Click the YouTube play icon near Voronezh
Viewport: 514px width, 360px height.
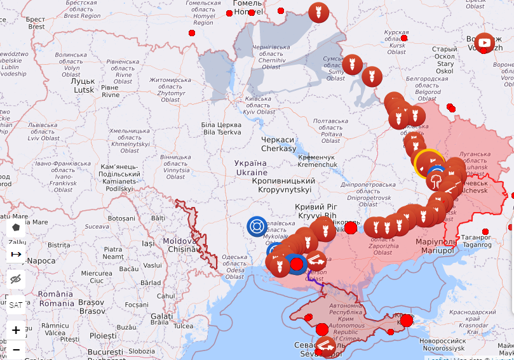pos(485,43)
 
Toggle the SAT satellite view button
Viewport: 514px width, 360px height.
pos(16,305)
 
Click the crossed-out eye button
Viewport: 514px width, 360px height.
pos(16,279)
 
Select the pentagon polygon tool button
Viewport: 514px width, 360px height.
pos(16,227)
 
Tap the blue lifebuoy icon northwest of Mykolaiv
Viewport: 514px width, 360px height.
pos(257,226)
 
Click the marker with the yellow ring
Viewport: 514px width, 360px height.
pos(429,163)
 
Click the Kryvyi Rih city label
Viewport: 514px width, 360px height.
pos(316,211)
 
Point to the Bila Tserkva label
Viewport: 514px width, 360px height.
pos(222,128)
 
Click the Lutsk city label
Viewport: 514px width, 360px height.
pos(83,86)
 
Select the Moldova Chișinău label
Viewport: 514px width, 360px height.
pos(180,245)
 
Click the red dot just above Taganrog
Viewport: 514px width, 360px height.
pos(485,232)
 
